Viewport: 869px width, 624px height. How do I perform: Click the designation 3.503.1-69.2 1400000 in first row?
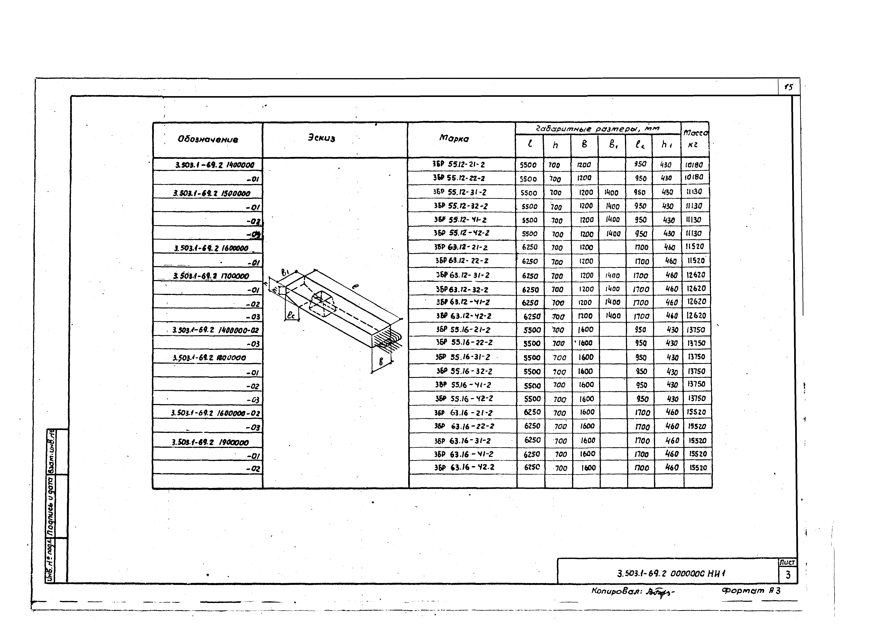tap(215, 165)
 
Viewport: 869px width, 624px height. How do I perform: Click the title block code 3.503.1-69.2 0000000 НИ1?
tap(670, 573)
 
